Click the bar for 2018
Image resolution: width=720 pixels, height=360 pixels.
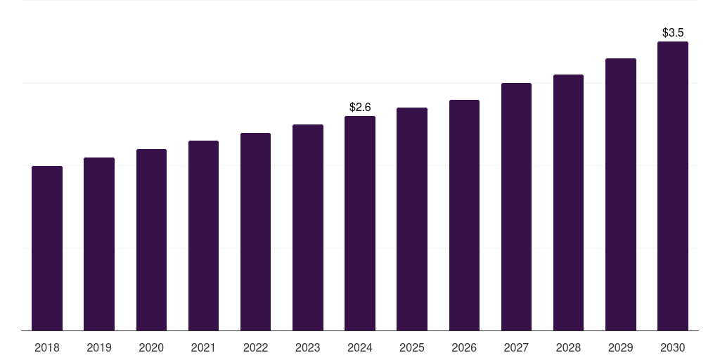coord(47,248)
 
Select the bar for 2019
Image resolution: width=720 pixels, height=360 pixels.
coord(99,244)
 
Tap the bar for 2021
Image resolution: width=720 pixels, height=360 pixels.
coord(203,236)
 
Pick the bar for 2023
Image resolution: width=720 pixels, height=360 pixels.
coord(308,227)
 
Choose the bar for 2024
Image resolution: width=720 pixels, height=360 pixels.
coord(360,223)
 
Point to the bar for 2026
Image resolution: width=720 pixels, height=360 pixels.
coord(464,215)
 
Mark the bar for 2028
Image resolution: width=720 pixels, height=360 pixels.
coord(568,202)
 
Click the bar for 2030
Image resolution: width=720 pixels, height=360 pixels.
coord(673,186)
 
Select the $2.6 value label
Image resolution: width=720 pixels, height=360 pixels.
coord(360,107)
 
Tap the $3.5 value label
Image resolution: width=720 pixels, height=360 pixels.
coord(673,32)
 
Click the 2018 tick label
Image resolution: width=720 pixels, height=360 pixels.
coord(47,347)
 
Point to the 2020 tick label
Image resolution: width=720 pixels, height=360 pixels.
coord(151,347)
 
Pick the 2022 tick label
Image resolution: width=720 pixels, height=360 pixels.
coord(255,347)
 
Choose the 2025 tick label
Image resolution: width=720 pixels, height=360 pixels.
coord(412,347)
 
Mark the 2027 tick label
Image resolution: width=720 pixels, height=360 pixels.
coord(516,347)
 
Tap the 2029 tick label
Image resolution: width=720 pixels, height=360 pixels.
coord(621,347)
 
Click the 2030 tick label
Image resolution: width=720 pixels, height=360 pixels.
coord(673,347)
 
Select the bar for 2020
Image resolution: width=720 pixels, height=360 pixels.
coord(151,240)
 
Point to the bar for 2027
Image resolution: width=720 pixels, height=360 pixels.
coord(516,207)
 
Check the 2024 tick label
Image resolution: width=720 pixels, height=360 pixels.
coord(360,347)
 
